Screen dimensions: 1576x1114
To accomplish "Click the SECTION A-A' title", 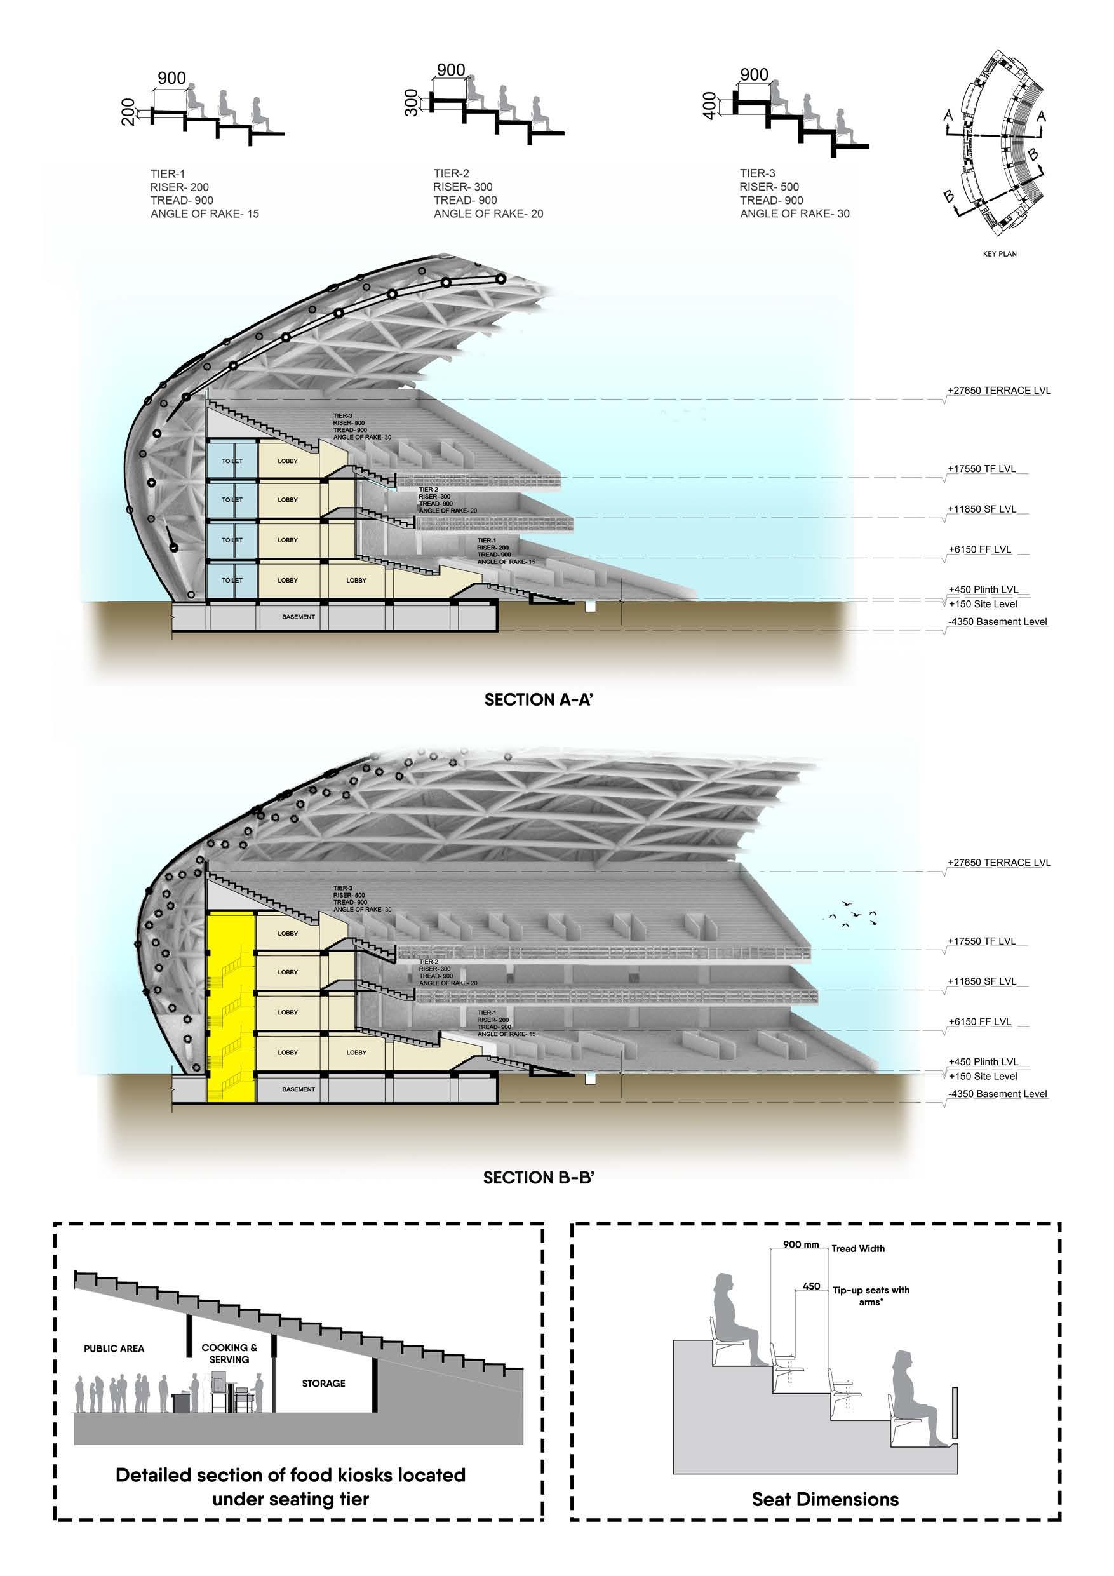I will (x=538, y=699).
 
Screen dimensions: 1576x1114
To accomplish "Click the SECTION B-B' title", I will (x=538, y=1178).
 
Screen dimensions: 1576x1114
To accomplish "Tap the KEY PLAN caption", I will (x=1000, y=254).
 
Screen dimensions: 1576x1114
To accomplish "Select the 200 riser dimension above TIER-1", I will (x=128, y=112).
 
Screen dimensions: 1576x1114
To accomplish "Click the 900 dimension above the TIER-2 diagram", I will (x=451, y=70).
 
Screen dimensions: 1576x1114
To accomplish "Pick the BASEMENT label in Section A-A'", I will (x=299, y=617).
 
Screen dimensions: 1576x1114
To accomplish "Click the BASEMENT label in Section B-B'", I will (x=299, y=1089).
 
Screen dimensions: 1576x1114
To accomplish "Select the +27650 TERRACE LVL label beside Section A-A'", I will (x=998, y=391).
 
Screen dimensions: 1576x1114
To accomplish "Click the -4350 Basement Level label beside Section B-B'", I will (x=997, y=1094).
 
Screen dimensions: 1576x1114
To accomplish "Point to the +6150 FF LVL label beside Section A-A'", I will (x=979, y=550).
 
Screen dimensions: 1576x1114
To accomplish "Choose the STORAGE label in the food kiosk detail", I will (x=323, y=1383).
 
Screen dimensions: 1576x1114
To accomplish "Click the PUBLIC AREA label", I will (x=114, y=1349).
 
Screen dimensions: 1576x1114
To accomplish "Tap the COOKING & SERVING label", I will (x=229, y=1354).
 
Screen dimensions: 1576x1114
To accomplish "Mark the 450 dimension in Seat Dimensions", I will (x=811, y=1286).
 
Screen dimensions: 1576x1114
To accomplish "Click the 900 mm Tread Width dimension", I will (x=801, y=1244).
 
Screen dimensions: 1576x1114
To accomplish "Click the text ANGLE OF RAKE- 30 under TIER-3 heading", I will (x=794, y=213).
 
